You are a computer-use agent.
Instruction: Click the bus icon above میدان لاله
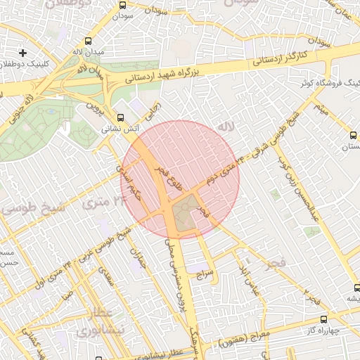tap(88, 41)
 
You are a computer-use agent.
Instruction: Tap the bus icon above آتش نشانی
tap(120, 117)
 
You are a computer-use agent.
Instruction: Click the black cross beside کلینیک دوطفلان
tap(23, 53)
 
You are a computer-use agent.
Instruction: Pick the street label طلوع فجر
tap(171, 181)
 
